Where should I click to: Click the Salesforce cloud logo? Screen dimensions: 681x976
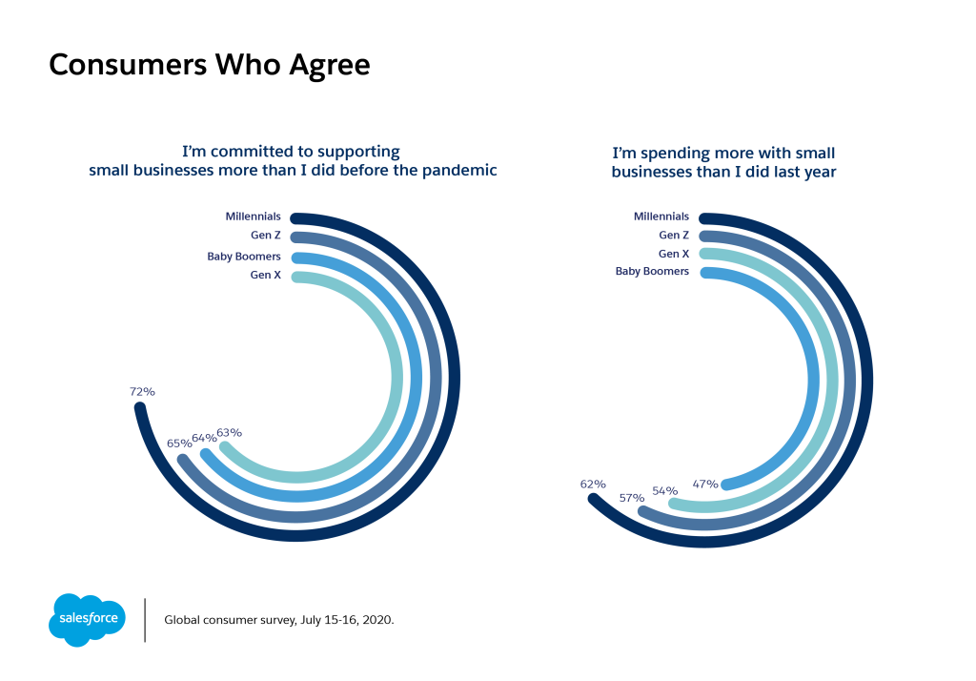pyautogui.click(x=87, y=619)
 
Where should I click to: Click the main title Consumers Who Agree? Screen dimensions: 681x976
pyautogui.click(x=209, y=65)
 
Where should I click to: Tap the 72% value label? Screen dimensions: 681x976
pyautogui.click(x=142, y=391)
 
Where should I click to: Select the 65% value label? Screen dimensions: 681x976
pyautogui.click(x=179, y=443)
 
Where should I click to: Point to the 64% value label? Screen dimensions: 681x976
pyautogui.click(x=204, y=438)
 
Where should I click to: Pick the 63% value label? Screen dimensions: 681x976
pyautogui.click(x=230, y=432)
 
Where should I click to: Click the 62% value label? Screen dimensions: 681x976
pyautogui.click(x=593, y=484)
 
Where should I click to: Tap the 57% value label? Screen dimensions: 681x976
pyautogui.click(x=630, y=497)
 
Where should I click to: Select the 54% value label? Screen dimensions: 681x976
pyautogui.click(x=664, y=490)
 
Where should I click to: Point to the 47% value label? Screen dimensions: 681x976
pyautogui.click(x=705, y=484)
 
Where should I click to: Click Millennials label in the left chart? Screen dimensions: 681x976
pyautogui.click(x=253, y=217)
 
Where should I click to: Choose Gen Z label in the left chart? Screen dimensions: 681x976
pyautogui.click(x=264, y=237)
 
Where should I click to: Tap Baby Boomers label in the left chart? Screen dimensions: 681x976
pyautogui.click(x=244, y=257)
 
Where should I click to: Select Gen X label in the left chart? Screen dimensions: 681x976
pyautogui.click(x=265, y=277)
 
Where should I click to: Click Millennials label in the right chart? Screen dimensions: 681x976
pyautogui.click(x=661, y=217)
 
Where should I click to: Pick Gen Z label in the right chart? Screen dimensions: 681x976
pyautogui.click(x=674, y=235)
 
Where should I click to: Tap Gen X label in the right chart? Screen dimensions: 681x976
pyautogui.click(x=674, y=254)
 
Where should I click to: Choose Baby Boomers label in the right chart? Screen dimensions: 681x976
pyautogui.click(x=652, y=272)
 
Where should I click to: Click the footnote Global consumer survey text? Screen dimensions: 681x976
pyautogui.click(x=279, y=619)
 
